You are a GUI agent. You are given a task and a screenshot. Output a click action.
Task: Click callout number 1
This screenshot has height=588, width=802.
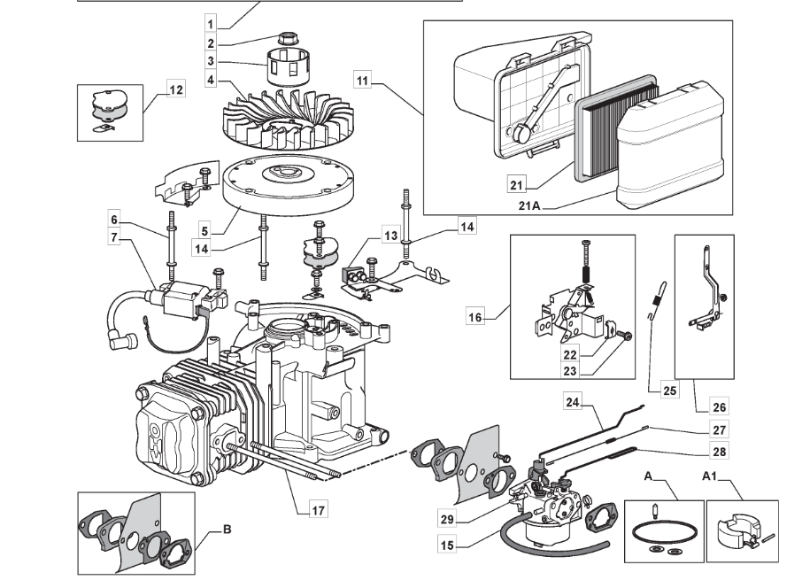coord(210,24)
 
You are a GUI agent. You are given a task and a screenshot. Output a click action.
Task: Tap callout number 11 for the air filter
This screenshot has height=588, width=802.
coord(362,81)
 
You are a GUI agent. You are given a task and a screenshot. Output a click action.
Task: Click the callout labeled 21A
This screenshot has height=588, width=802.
coord(528,205)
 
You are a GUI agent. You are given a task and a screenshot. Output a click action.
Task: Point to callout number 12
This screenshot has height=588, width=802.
coord(176,89)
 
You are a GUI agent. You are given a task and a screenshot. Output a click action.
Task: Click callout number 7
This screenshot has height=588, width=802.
coord(114,237)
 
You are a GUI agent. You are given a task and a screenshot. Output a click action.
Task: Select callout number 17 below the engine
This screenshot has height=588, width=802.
coord(318,510)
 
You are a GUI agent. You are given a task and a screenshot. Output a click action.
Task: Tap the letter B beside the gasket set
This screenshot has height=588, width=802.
coord(227,530)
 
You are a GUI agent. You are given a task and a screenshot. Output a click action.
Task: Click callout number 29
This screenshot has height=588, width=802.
coord(447,519)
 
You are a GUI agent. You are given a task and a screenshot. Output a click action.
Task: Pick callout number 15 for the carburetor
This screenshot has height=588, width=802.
coord(447,545)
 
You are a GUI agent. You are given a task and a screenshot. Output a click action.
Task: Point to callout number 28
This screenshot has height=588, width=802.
coord(719,452)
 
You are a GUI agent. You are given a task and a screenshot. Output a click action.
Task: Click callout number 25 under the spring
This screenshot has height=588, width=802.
coord(669,391)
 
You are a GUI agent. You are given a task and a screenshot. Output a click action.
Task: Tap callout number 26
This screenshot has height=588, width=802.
coord(719,407)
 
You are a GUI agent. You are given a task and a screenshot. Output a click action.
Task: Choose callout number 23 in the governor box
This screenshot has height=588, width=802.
coord(570,371)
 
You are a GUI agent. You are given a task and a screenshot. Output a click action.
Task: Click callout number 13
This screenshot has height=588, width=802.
coord(390,236)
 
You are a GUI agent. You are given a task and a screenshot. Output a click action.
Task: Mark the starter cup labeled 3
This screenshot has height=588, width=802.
coord(289,66)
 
